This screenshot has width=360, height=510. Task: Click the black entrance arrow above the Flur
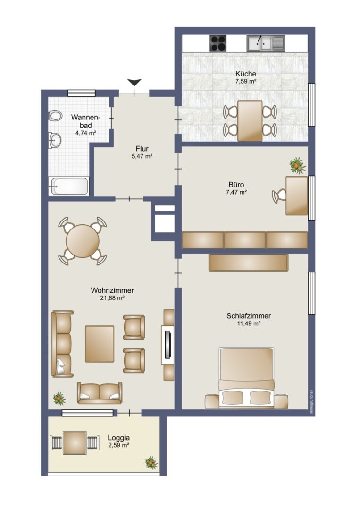134,82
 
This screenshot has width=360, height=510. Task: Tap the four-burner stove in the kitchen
218,43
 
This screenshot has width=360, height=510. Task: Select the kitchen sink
266,43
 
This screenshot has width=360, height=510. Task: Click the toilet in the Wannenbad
55,116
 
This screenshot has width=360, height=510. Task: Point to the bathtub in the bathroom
68,187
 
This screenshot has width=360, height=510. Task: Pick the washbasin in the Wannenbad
55,141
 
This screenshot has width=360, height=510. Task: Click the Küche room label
246,74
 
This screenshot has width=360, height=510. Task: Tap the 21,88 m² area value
112,298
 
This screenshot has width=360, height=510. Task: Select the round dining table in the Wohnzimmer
83,241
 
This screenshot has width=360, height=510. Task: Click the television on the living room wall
167,345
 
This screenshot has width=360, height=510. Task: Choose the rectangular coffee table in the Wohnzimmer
100,344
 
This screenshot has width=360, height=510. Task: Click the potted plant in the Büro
297,165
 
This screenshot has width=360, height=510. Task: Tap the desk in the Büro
297,195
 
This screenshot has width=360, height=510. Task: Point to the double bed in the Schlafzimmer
246,378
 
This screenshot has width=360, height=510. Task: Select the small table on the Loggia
75,442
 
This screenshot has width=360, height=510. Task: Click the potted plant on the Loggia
151,462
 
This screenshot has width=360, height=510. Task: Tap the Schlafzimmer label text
249,316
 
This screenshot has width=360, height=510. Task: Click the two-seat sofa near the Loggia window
100,392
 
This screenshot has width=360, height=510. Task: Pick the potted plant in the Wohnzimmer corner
59,398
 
